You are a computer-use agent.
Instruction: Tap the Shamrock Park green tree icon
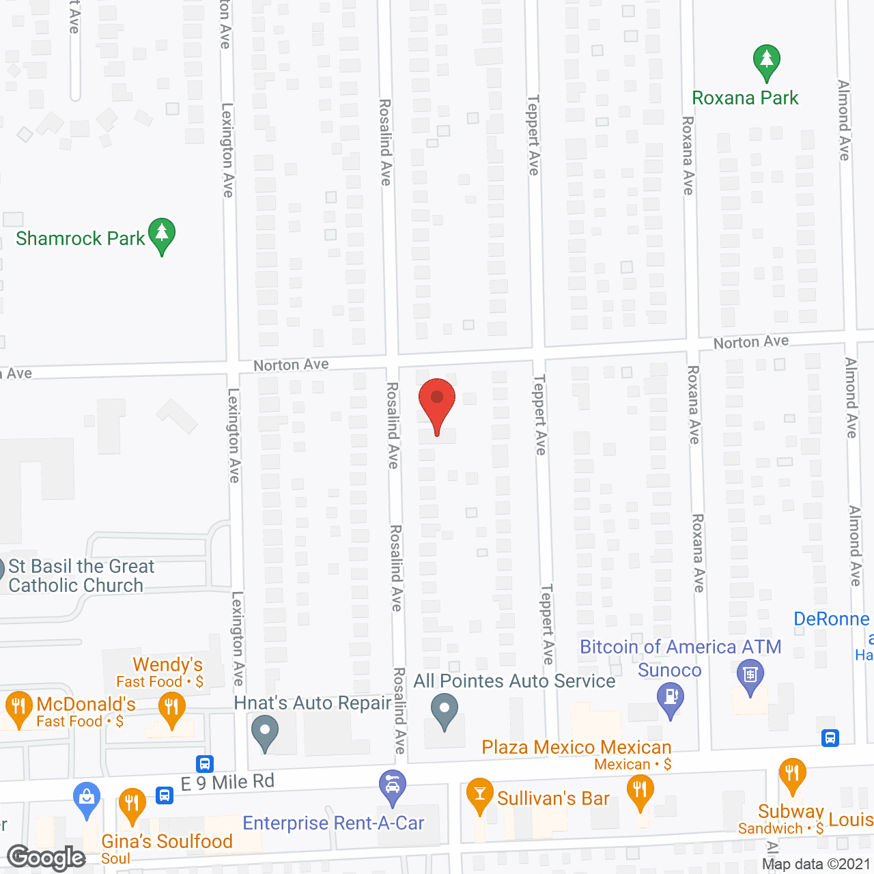pos(162,234)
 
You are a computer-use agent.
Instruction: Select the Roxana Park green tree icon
pos(767,61)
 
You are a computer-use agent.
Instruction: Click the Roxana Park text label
pos(745,98)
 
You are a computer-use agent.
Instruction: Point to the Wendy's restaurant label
pos(167,664)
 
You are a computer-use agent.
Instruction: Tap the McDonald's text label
pos(86,704)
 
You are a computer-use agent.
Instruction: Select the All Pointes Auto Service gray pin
pos(445,710)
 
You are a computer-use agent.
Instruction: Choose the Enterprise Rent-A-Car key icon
pos(393,786)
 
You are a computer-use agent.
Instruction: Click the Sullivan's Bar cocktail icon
pos(480,795)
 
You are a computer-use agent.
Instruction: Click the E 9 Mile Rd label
pos(228,783)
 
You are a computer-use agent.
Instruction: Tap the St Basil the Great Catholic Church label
pos(81,576)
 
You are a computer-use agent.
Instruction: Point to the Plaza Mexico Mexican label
pos(576,747)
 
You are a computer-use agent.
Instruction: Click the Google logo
pos(46,857)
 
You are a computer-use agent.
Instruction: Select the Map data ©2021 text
pos(816,864)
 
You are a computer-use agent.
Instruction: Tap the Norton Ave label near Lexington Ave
pos(291,365)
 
